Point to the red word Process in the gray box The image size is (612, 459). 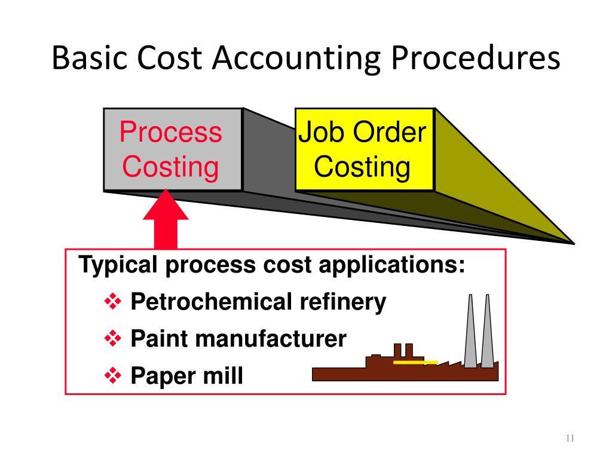pyautogui.click(x=171, y=132)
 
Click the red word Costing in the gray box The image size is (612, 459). pyautogui.click(x=171, y=167)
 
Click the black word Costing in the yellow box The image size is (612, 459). pyautogui.click(x=363, y=167)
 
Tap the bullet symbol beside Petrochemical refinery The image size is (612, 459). pyautogui.click(x=112, y=302)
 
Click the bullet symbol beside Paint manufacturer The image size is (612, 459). pyautogui.click(x=112, y=339)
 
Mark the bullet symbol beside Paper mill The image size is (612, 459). pyautogui.click(x=112, y=376)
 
